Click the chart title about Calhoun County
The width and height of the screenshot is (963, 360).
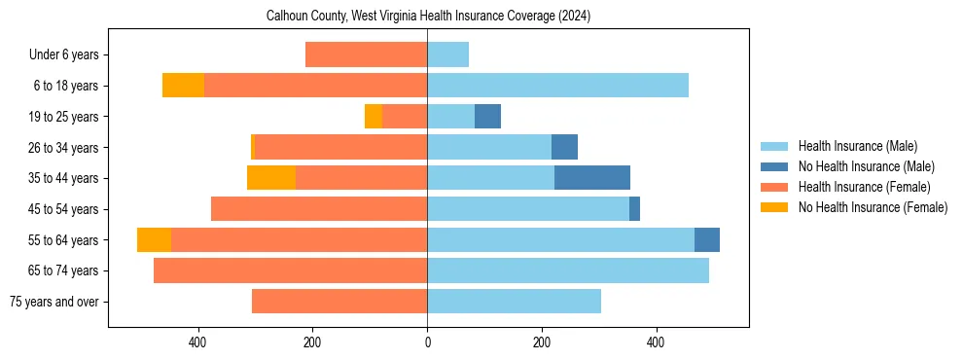tap(428, 17)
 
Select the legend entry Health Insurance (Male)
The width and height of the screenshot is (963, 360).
tap(857, 146)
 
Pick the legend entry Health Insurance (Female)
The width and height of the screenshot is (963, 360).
tap(864, 187)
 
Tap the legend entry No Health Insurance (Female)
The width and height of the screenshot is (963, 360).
tap(873, 207)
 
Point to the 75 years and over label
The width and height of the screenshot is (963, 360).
tap(53, 302)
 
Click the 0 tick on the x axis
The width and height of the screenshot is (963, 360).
tap(427, 342)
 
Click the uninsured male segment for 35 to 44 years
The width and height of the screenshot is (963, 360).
tap(592, 178)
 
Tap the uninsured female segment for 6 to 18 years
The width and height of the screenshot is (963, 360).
tap(183, 86)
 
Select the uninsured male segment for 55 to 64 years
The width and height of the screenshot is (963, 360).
tap(707, 239)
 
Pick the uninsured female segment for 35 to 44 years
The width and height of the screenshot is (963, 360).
tap(271, 178)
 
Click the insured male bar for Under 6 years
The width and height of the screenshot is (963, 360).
tap(448, 54)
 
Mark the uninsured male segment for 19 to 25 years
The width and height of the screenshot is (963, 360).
tap(487, 117)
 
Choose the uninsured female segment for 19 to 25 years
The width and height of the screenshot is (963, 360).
tap(374, 117)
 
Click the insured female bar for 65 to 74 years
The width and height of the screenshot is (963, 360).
tap(291, 270)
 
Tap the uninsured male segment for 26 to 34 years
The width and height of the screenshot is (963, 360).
tap(564, 147)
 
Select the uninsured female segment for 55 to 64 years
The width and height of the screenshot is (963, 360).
tap(154, 239)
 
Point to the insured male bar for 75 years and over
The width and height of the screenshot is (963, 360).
tap(515, 302)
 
